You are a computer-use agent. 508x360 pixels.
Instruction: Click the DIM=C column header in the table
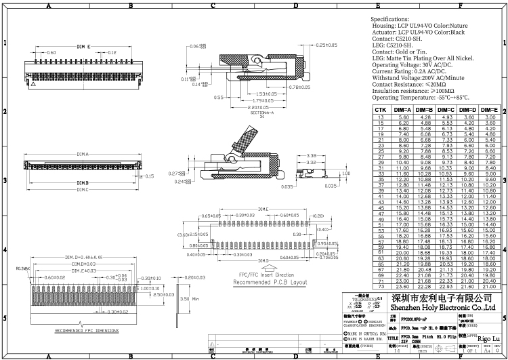pyautogui.click(x=445, y=110)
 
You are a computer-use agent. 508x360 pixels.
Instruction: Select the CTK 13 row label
pyautogui.click(x=380, y=117)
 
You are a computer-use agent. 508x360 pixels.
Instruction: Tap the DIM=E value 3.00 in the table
pyautogui.click(x=489, y=117)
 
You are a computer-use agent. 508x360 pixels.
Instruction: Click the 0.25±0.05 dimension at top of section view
pyautogui.click(x=326, y=45)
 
